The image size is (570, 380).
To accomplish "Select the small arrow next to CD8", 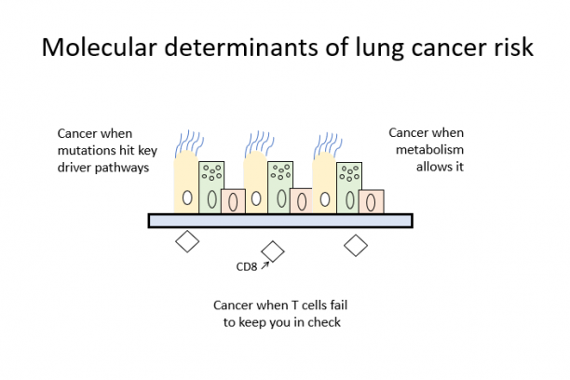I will tap(265, 265).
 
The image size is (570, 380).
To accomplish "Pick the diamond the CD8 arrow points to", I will tap(273, 251).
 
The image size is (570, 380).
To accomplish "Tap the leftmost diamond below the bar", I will tap(188, 241).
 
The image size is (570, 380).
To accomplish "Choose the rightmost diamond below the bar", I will tap(355, 245).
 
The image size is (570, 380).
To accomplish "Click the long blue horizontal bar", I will tap(279, 221).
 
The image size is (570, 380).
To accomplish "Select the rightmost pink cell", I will tap(372, 200).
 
